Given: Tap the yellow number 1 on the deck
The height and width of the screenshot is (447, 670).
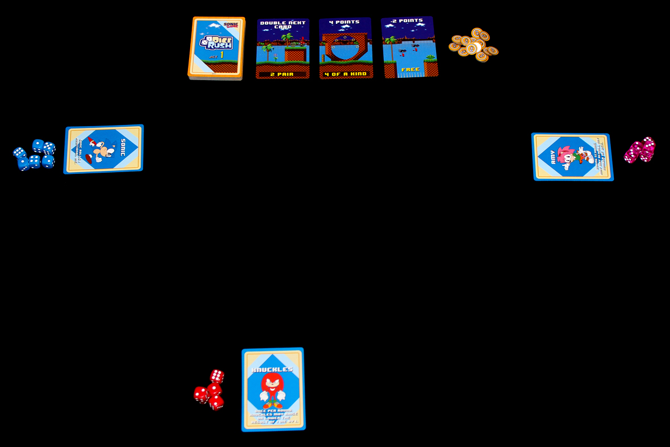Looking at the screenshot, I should (222, 55).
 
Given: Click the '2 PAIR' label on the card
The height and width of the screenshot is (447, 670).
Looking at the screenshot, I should (282, 74).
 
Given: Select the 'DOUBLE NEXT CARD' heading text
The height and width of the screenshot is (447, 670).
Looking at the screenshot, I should (283, 24).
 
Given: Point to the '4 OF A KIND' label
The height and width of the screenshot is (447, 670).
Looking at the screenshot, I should (346, 74).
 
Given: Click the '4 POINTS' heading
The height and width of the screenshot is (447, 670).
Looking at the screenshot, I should (344, 22).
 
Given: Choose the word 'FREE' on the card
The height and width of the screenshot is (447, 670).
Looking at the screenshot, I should (410, 69).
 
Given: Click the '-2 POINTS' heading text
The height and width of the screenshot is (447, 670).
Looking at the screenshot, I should (407, 21).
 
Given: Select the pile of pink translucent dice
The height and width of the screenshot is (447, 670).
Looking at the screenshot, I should (640, 150).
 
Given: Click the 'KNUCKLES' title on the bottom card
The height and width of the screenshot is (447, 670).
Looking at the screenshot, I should (273, 370).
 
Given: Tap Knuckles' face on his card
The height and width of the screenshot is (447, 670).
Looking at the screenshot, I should (272, 382).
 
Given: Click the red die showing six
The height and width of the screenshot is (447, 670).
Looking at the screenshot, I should (217, 376).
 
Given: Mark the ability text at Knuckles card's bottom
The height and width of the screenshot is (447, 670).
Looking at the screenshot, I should (274, 416).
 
